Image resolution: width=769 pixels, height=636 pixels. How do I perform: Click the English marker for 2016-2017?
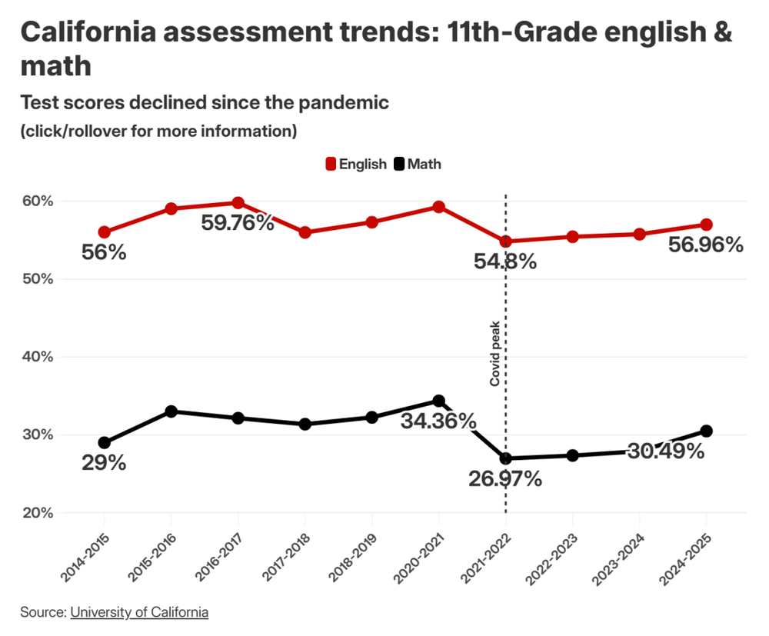coord(238,203)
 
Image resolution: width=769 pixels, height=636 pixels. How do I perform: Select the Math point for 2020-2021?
coord(438,401)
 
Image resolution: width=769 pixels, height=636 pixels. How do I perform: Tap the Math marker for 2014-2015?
coord(104,443)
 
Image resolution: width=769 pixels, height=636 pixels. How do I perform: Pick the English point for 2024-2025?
coord(706,225)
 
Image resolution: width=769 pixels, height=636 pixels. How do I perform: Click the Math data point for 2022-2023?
coord(572,455)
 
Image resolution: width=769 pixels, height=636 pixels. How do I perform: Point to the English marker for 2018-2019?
coord(371,222)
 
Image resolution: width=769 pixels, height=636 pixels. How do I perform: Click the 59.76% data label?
coord(238,223)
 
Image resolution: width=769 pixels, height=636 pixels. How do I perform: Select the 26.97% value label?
coord(505,479)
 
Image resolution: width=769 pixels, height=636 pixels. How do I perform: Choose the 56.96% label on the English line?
coord(706,245)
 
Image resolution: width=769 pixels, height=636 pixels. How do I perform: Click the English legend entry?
coord(357,164)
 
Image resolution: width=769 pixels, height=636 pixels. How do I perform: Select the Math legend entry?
coord(418,164)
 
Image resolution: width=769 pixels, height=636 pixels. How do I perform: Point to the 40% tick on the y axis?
coord(38,357)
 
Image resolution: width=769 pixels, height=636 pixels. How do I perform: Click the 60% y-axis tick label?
coord(38,201)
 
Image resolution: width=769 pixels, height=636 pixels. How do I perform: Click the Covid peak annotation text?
coord(494,354)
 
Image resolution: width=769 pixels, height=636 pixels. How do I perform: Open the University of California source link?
coord(139,612)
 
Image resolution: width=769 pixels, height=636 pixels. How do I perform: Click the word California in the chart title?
coord(88,32)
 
